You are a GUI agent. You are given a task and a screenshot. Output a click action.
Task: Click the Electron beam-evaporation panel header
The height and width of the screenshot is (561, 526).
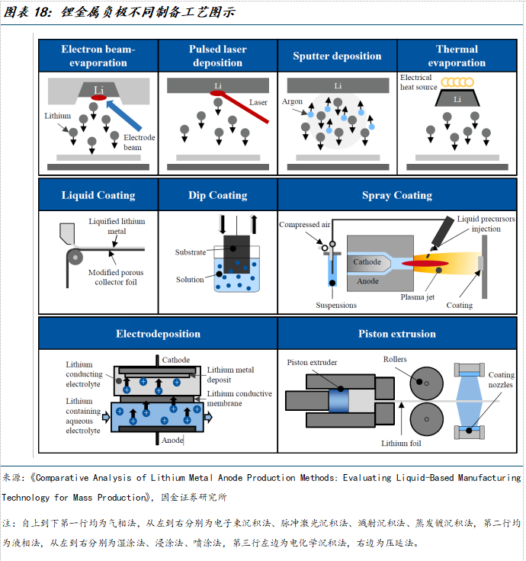[x=98, y=56]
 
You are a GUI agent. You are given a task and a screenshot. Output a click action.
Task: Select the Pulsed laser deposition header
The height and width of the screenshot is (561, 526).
[x=218, y=56]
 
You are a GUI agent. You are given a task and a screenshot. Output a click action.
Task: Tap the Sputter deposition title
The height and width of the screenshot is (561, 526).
[x=337, y=56]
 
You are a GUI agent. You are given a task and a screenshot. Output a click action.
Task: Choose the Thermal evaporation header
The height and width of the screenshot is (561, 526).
[x=457, y=56]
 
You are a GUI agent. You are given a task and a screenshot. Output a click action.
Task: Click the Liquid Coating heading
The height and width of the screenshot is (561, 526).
[x=98, y=195]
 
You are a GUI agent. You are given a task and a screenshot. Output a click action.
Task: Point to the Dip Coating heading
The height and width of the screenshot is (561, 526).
[x=218, y=195]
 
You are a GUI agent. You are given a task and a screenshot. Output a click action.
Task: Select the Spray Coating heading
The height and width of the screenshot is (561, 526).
[x=396, y=195]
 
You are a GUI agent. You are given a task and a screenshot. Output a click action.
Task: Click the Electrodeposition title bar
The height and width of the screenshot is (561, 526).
[x=158, y=334]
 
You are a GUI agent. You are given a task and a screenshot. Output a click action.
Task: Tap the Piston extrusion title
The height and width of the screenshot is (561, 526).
[x=396, y=334]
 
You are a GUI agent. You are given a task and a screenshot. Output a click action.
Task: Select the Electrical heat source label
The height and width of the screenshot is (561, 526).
[x=418, y=82]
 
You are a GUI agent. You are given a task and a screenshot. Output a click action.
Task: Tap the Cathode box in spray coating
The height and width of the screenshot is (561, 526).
[x=367, y=262]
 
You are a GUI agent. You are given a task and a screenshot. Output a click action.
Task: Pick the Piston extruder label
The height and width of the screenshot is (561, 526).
[x=312, y=363]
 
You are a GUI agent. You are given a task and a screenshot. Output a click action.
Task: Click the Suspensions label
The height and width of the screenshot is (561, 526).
[x=336, y=305]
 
